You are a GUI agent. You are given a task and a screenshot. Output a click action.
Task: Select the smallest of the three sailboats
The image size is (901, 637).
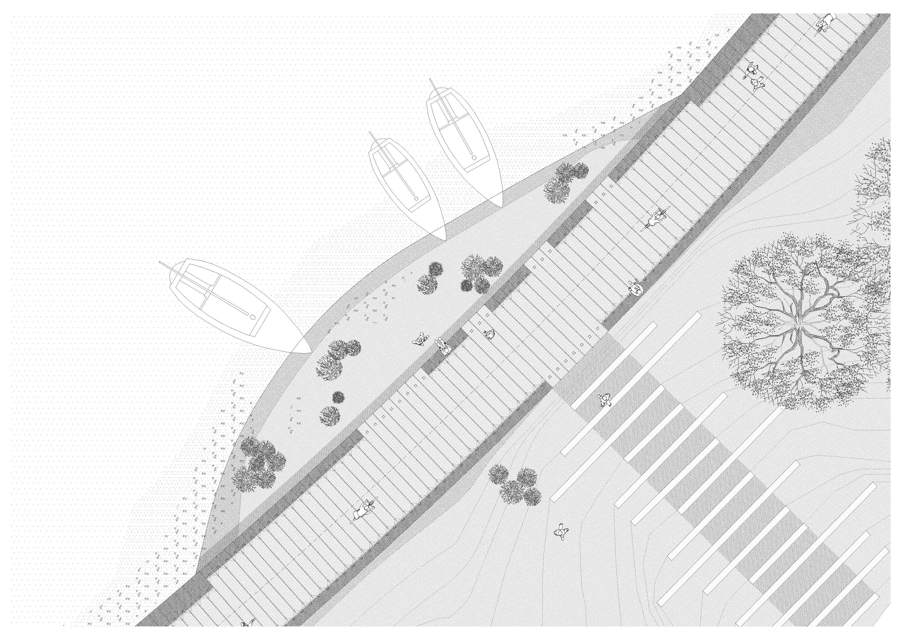tap(404, 184)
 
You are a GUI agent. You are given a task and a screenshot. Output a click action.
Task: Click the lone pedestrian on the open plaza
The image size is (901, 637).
tap(561, 532)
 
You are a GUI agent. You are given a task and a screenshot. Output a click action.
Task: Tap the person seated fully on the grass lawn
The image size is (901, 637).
tap(420, 340)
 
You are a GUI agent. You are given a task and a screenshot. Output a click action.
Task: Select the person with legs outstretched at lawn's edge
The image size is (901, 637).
tap(443, 347)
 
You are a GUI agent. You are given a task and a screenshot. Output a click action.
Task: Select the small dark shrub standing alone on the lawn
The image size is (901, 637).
tap(337, 397)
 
